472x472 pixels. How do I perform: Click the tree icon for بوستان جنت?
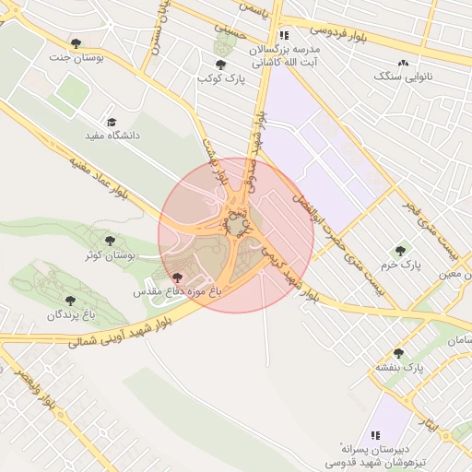click(76, 43)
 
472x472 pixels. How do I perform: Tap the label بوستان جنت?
click(76, 57)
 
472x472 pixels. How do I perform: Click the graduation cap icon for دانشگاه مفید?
click(112, 122)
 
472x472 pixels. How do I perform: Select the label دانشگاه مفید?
click(112, 136)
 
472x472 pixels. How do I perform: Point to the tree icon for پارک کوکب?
click(220, 65)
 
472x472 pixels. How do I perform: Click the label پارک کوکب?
click(220, 78)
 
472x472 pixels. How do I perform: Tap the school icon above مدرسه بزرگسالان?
click(283, 35)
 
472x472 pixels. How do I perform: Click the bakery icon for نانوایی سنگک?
click(402, 63)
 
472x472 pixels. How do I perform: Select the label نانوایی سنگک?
click(402, 77)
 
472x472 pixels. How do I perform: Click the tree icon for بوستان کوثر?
click(110, 241)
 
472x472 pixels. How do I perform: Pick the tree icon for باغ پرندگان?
click(70, 301)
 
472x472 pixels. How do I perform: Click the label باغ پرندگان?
click(71, 315)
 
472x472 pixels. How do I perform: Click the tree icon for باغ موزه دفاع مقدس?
click(177, 277)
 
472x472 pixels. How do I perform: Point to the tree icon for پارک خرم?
click(400, 250)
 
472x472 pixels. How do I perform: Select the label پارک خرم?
click(400, 265)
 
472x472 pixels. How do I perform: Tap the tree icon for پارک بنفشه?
click(398, 353)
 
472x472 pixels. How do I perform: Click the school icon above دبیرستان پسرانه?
click(374, 434)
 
